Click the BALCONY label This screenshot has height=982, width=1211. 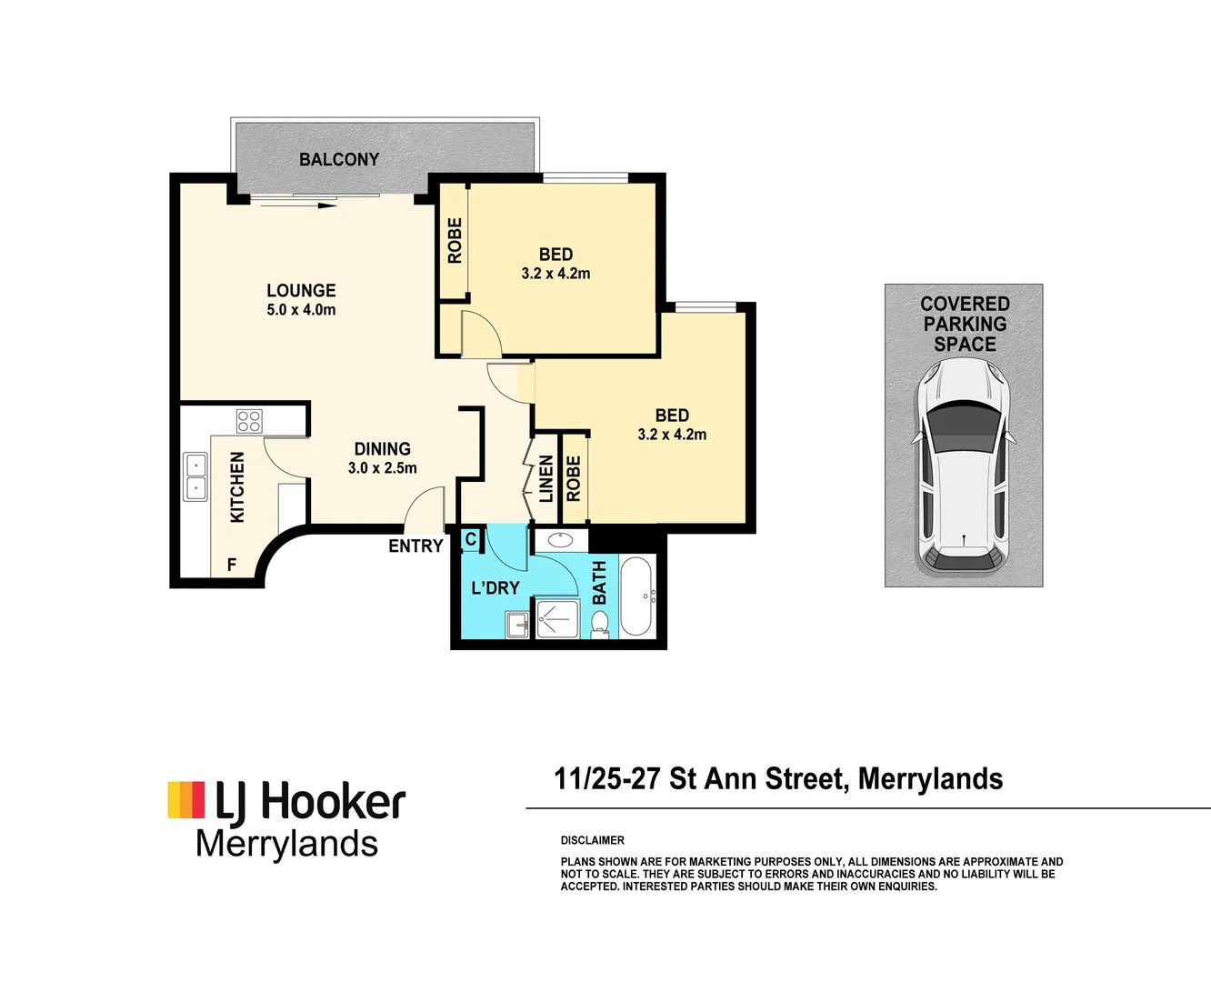coord(339,159)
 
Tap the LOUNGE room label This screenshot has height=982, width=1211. coord(301,290)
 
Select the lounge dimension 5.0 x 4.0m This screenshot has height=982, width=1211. coord(301,310)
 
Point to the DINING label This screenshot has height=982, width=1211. coord(382,448)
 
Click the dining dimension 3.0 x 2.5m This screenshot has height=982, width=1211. coord(382,468)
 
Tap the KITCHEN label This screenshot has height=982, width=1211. coord(237,487)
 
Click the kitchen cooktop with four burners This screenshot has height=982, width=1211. coord(249,421)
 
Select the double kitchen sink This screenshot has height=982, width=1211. coord(195,477)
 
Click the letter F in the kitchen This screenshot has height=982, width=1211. coord(232,565)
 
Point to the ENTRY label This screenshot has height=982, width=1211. coord(415,546)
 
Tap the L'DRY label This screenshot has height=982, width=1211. coord(495,588)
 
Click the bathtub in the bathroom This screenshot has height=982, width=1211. coord(636,596)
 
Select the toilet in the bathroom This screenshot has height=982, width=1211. coord(600,624)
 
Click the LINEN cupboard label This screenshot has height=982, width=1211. coord(545,479)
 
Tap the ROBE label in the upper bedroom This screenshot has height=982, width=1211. coord(455,241)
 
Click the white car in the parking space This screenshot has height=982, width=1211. coord(964,466)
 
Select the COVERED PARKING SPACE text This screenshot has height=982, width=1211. coord(965,324)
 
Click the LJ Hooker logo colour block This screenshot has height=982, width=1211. coord(186,799)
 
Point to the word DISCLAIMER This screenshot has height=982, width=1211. coord(593,840)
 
